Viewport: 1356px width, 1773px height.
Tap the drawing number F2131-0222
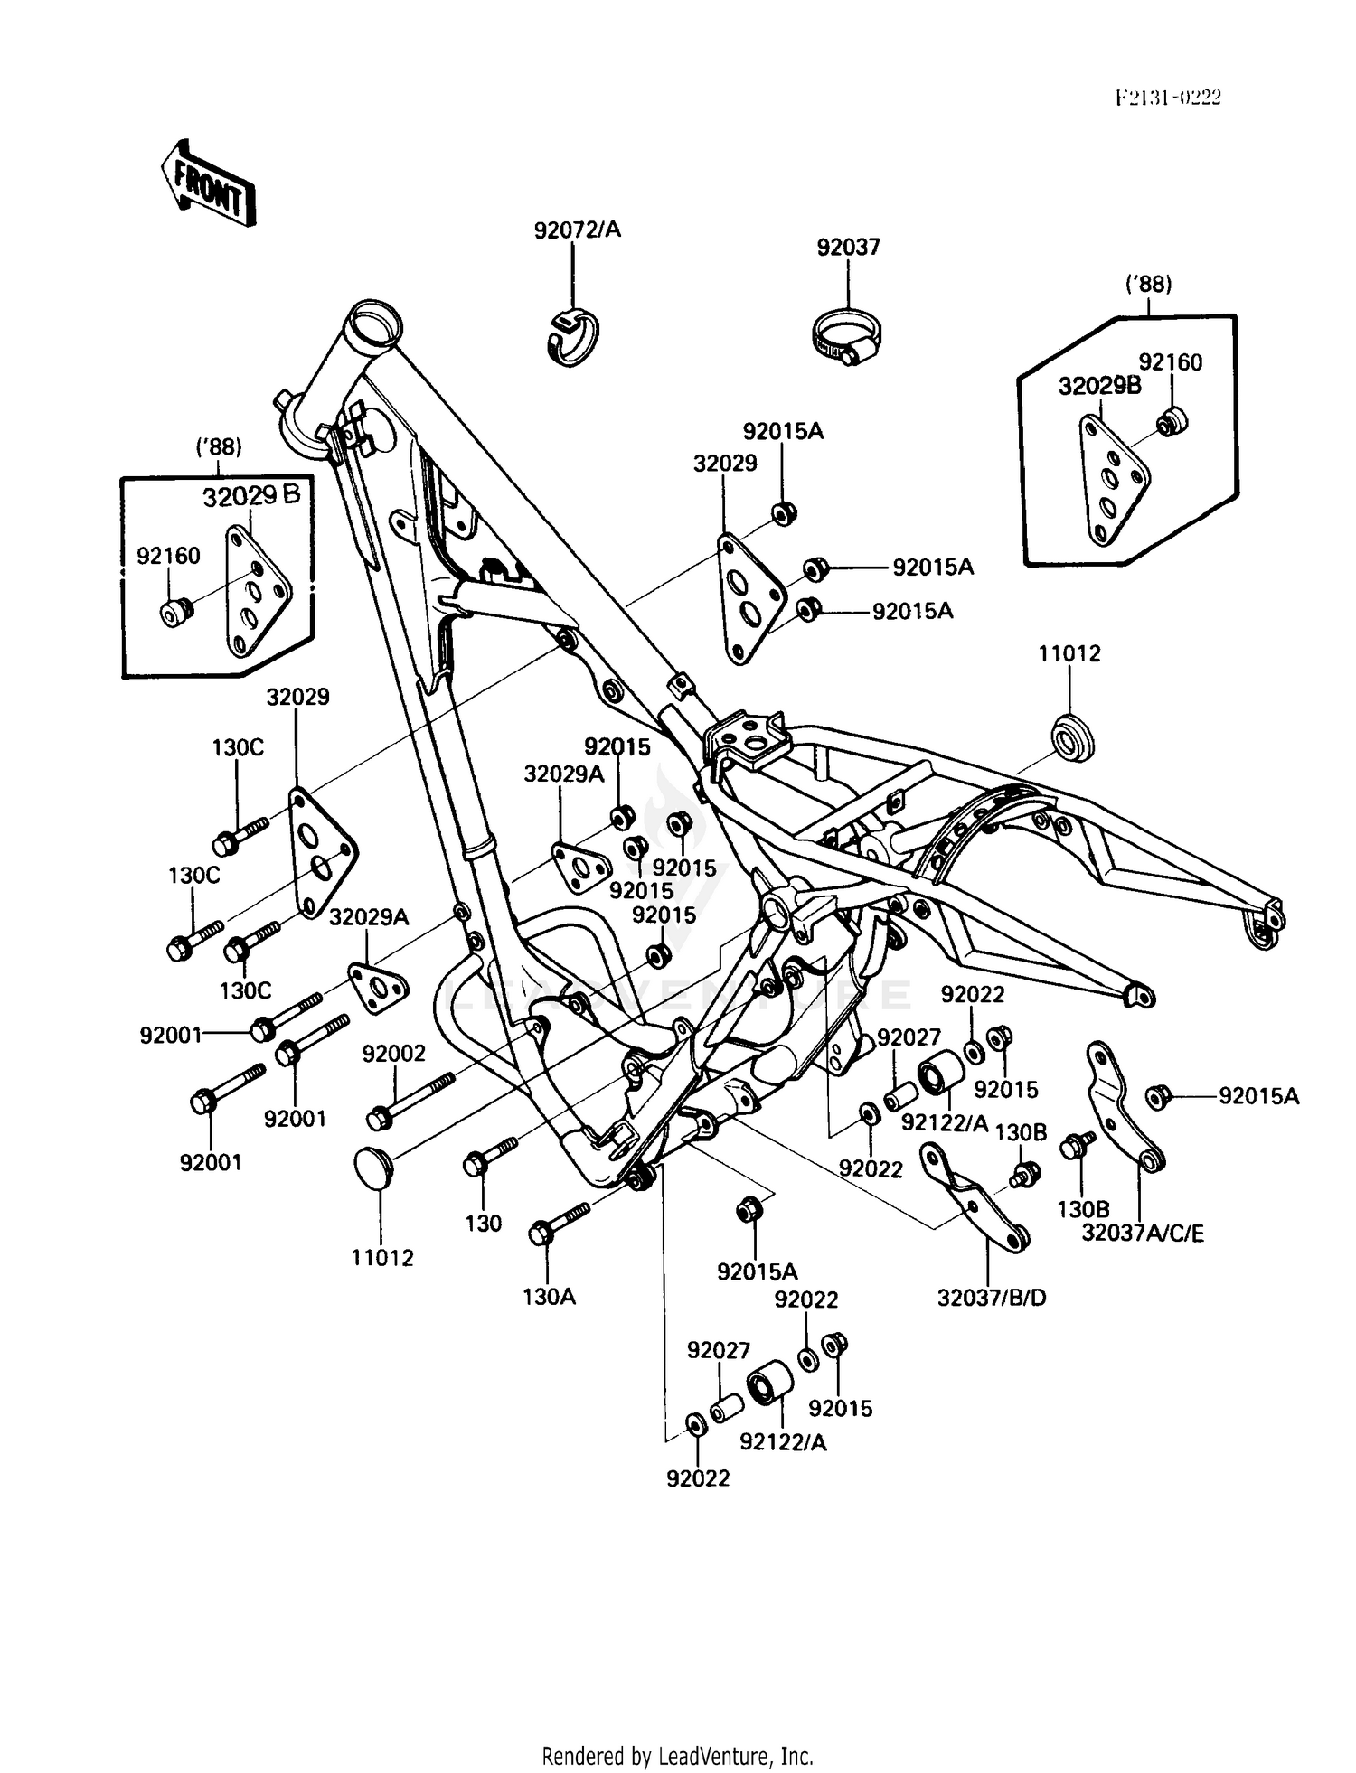1167,98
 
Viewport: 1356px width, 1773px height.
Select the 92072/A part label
577,230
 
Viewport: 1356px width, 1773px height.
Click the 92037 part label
848,247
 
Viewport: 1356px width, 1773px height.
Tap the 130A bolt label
549,1297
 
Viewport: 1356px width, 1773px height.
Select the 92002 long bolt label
393,1053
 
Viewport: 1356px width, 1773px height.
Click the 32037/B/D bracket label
992,1298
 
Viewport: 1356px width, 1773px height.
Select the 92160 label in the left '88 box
168,556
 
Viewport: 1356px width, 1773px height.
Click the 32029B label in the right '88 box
1099,387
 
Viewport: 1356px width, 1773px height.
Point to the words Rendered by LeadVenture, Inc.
677,1756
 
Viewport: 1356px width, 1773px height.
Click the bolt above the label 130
486,1159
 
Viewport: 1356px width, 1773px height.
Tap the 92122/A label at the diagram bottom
783,1442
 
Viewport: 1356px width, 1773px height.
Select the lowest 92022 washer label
698,1478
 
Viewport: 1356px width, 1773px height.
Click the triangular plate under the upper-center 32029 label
748,596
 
